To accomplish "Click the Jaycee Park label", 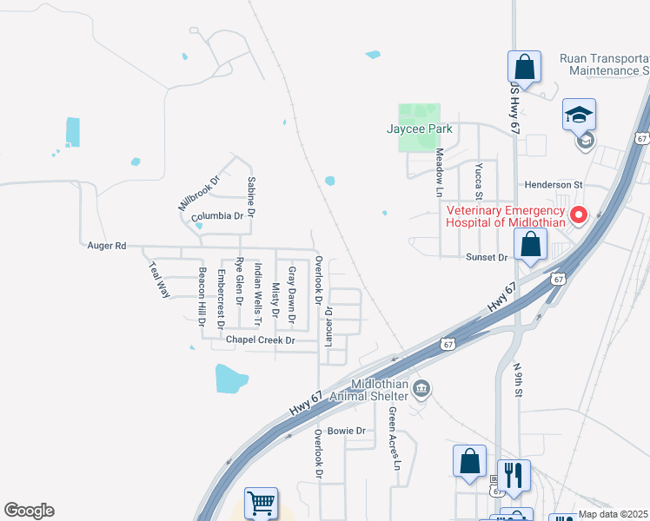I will pos(420,129).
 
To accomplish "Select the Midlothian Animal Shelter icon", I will pos(421,387).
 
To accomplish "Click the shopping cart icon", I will pos(262,502).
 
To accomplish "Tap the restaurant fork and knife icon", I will pos(514,474).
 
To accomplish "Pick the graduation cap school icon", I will pos(578,115).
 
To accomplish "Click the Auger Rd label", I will pos(107,246).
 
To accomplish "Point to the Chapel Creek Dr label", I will pos(261,340).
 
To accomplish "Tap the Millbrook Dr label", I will pos(200,191).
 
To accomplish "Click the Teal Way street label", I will pos(158,280).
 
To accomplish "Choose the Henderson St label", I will pos(553,185).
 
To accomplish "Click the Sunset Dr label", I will pos(487,257).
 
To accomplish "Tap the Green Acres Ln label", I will pos(393,439).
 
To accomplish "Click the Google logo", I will pos(30,511).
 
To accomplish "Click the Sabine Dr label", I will pos(251,196).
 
